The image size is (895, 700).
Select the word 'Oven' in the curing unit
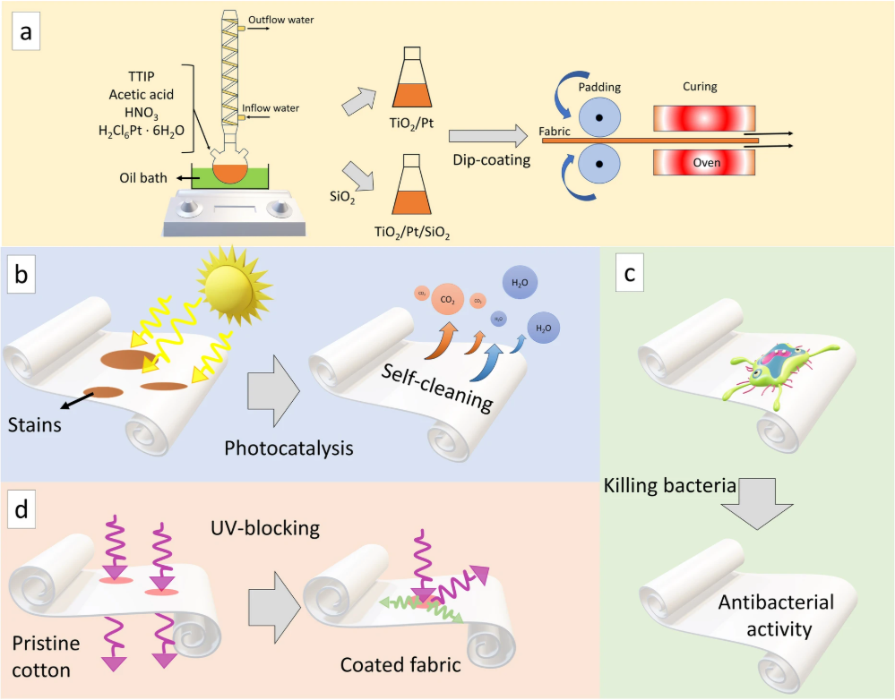pyautogui.click(x=706, y=163)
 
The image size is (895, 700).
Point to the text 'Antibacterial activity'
pyautogui.click(x=776, y=616)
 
